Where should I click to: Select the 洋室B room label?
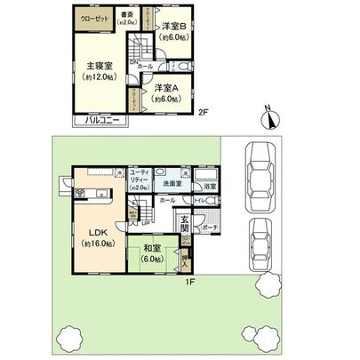[172, 28]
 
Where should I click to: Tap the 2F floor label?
[204, 113]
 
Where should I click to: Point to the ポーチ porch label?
[209, 228]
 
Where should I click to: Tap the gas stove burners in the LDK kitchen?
[100, 193]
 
